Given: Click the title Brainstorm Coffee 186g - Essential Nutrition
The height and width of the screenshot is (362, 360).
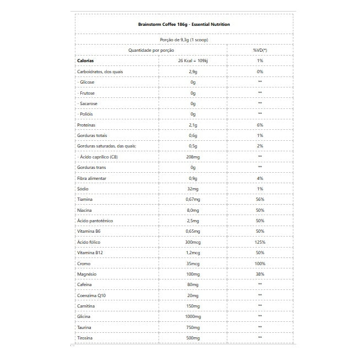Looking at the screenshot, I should (184, 25).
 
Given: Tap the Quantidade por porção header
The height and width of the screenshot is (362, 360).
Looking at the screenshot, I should (151, 50).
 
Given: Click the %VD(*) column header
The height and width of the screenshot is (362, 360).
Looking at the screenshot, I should (260, 50).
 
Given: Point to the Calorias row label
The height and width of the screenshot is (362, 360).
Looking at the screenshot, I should (86, 61).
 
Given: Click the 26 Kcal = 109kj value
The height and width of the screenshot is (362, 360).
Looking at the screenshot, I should (193, 61).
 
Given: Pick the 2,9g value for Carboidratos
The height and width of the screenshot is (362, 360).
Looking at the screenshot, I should (193, 72).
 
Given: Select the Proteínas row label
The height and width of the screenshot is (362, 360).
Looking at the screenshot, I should (86, 125).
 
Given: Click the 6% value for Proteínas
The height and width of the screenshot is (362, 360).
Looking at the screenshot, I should (260, 125).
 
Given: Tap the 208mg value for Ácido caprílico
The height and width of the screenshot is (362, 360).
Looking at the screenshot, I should (193, 157).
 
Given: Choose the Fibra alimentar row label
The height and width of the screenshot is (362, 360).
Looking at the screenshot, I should (92, 178).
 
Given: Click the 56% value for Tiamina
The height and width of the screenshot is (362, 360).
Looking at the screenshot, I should (260, 200).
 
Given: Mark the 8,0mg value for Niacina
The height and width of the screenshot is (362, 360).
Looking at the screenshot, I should (193, 210).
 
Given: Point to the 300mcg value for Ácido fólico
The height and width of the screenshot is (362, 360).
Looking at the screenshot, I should (193, 242).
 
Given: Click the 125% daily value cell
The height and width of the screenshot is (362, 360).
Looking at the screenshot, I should (260, 242).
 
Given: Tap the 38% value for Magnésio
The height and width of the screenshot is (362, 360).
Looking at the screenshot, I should (260, 274).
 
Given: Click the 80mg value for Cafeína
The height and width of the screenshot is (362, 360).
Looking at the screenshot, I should (193, 284).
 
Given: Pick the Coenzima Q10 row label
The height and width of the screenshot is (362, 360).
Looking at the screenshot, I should (91, 295).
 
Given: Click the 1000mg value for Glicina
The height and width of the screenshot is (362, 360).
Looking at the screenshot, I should (193, 317).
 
